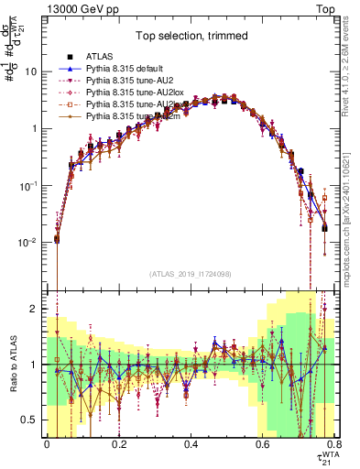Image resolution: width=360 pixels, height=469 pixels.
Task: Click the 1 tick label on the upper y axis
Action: pos(35,129)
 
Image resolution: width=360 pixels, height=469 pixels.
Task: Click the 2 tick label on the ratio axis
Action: pos(35,309)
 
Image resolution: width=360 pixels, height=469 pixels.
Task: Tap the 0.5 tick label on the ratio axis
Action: pos(31,420)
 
